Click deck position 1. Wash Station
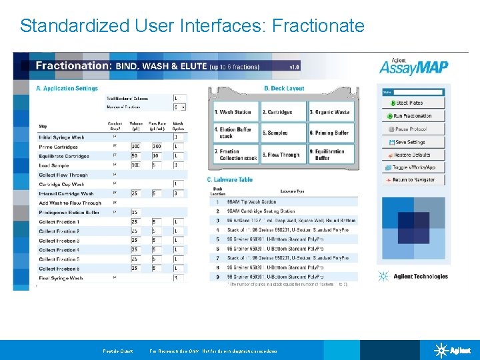point(235,112)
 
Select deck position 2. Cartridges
point(283,112)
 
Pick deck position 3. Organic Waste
point(329,112)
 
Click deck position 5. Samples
point(283,133)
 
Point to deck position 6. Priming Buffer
point(329,133)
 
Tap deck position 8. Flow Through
point(283,155)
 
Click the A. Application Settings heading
point(67,88)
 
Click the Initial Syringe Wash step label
point(61,137)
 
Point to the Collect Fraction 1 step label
point(59,221)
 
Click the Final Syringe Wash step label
point(60,278)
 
